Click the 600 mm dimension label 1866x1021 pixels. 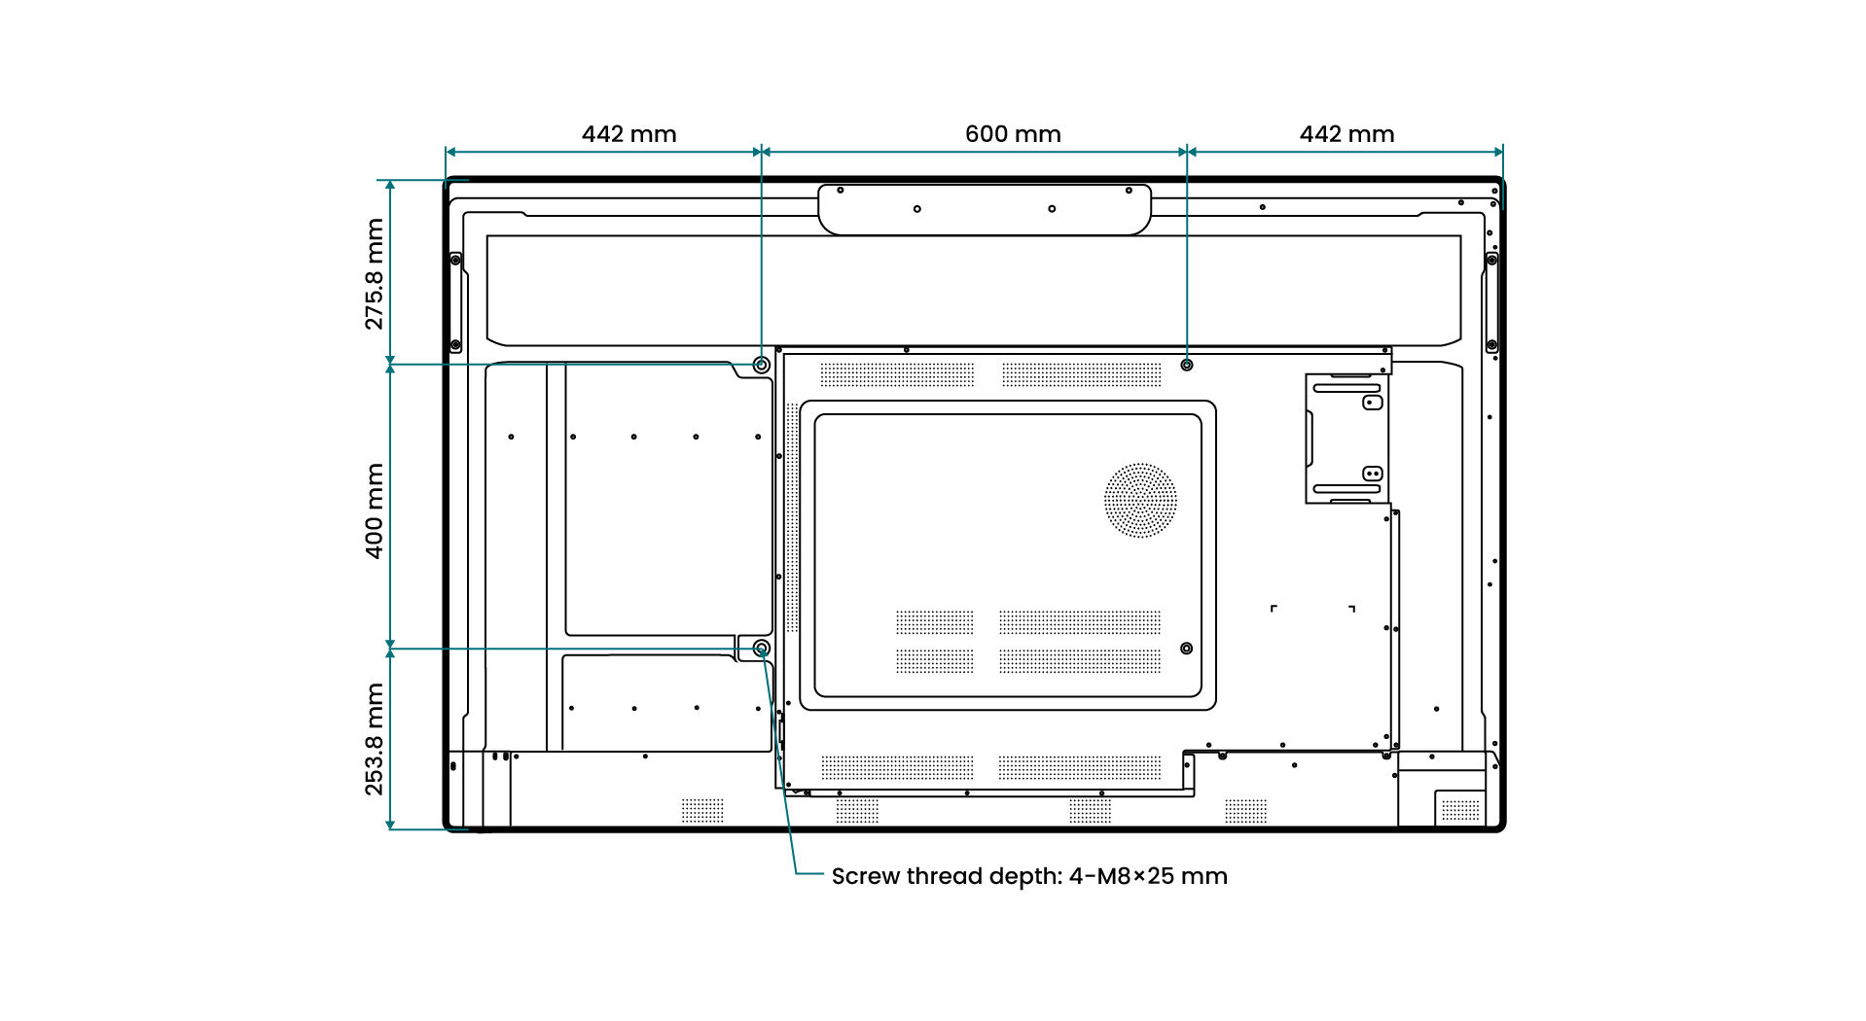click(x=1012, y=134)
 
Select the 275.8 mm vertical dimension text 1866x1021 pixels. click(x=375, y=273)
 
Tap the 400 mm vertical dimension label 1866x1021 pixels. click(x=375, y=510)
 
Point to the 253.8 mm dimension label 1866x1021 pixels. click(x=375, y=739)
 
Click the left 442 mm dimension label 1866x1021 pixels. click(x=628, y=134)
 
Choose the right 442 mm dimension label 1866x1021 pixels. click(x=1346, y=134)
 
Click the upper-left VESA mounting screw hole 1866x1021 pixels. click(x=761, y=365)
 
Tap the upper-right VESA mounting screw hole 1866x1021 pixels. click(x=1186, y=365)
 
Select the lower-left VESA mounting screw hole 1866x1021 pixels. click(x=761, y=648)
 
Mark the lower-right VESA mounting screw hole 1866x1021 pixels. click(x=1186, y=649)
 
